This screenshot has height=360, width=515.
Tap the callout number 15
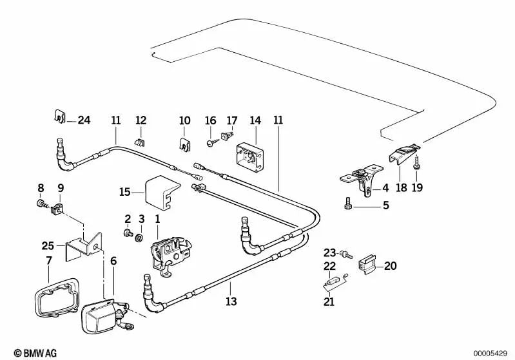click(x=125, y=191)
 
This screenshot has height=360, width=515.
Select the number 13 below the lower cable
click(x=231, y=301)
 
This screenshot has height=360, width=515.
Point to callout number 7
click(x=49, y=260)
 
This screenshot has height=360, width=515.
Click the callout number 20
click(x=391, y=265)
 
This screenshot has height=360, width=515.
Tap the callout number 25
click(x=48, y=245)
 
